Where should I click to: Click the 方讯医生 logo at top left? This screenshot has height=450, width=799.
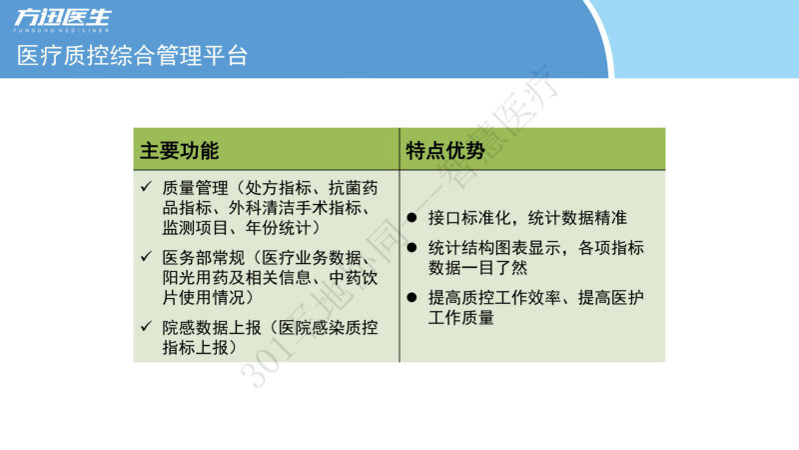(62, 20)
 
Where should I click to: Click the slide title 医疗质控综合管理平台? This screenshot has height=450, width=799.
(133, 55)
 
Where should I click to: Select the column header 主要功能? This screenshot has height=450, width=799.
(180, 151)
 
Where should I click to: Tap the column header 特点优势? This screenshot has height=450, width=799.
(445, 151)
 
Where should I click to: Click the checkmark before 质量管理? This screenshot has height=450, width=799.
(146, 186)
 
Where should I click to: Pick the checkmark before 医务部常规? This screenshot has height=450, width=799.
(146, 256)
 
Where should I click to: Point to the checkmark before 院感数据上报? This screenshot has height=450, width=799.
(146, 326)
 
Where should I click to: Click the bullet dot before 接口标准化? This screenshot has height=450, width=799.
(411, 218)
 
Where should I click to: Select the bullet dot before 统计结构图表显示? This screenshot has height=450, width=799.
(411, 248)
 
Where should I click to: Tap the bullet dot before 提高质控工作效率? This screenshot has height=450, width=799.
(411, 297)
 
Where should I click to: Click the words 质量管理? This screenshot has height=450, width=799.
(195, 188)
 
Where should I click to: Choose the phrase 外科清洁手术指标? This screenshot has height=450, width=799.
(295, 208)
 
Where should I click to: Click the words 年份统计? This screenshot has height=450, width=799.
(279, 228)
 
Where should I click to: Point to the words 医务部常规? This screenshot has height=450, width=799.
(204, 258)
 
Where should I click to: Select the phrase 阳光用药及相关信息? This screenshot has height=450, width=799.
(237, 278)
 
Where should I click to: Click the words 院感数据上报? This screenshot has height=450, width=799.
(212, 328)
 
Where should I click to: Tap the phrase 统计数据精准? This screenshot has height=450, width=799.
(577, 218)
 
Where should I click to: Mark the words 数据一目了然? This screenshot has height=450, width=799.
(478, 268)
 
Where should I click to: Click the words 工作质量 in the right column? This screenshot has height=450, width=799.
(461, 317)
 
